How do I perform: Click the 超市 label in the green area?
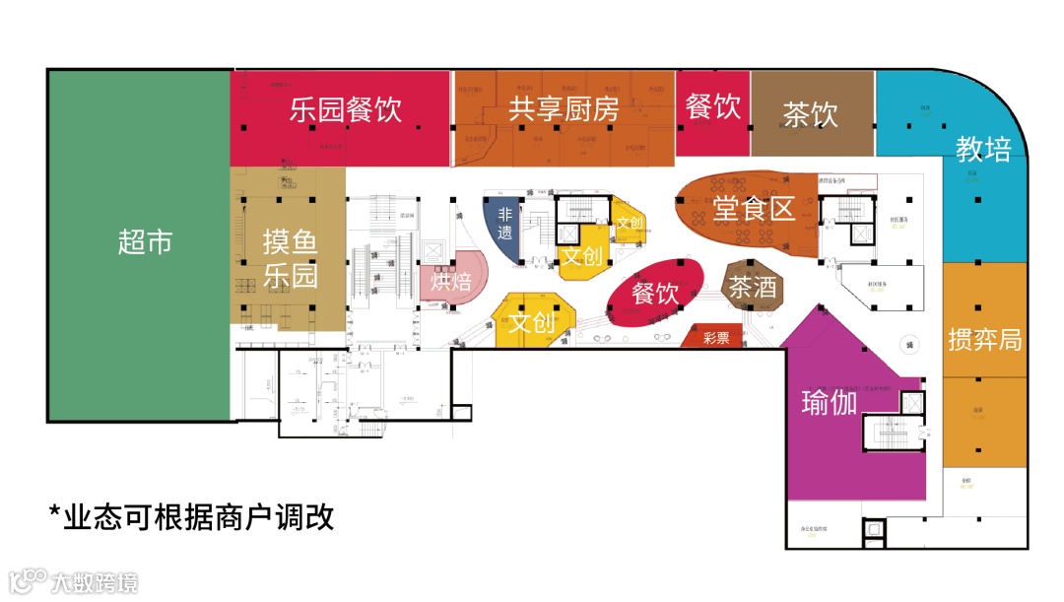(x=145, y=242)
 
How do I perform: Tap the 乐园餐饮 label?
(x=346, y=108)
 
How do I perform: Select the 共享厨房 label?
(x=564, y=108)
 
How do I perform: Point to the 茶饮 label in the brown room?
(x=810, y=114)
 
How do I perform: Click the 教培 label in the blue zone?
(x=983, y=150)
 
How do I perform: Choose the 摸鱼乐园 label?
(x=290, y=258)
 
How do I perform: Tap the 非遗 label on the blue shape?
(x=505, y=224)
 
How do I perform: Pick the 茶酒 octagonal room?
(x=753, y=287)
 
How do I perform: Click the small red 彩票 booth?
(x=716, y=338)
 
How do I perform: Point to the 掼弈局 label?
(x=984, y=340)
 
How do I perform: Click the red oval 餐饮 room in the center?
(x=655, y=292)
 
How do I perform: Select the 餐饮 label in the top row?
(x=713, y=106)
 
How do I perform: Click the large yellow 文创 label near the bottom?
(x=533, y=321)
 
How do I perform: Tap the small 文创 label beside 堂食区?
(x=629, y=223)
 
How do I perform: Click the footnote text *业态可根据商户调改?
(x=191, y=516)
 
